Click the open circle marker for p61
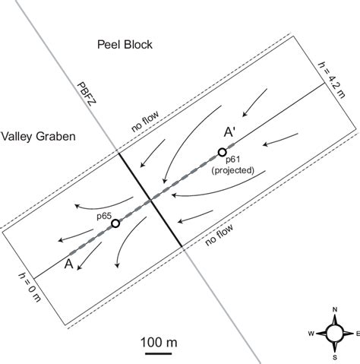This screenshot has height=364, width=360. pyautogui.click(x=222, y=153)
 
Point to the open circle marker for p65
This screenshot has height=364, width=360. pyautogui.click(x=115, y=223)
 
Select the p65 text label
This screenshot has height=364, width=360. pyautogui.click(x=104, y=216)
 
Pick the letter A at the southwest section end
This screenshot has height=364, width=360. pyautogui.click(x=70, y=264)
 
